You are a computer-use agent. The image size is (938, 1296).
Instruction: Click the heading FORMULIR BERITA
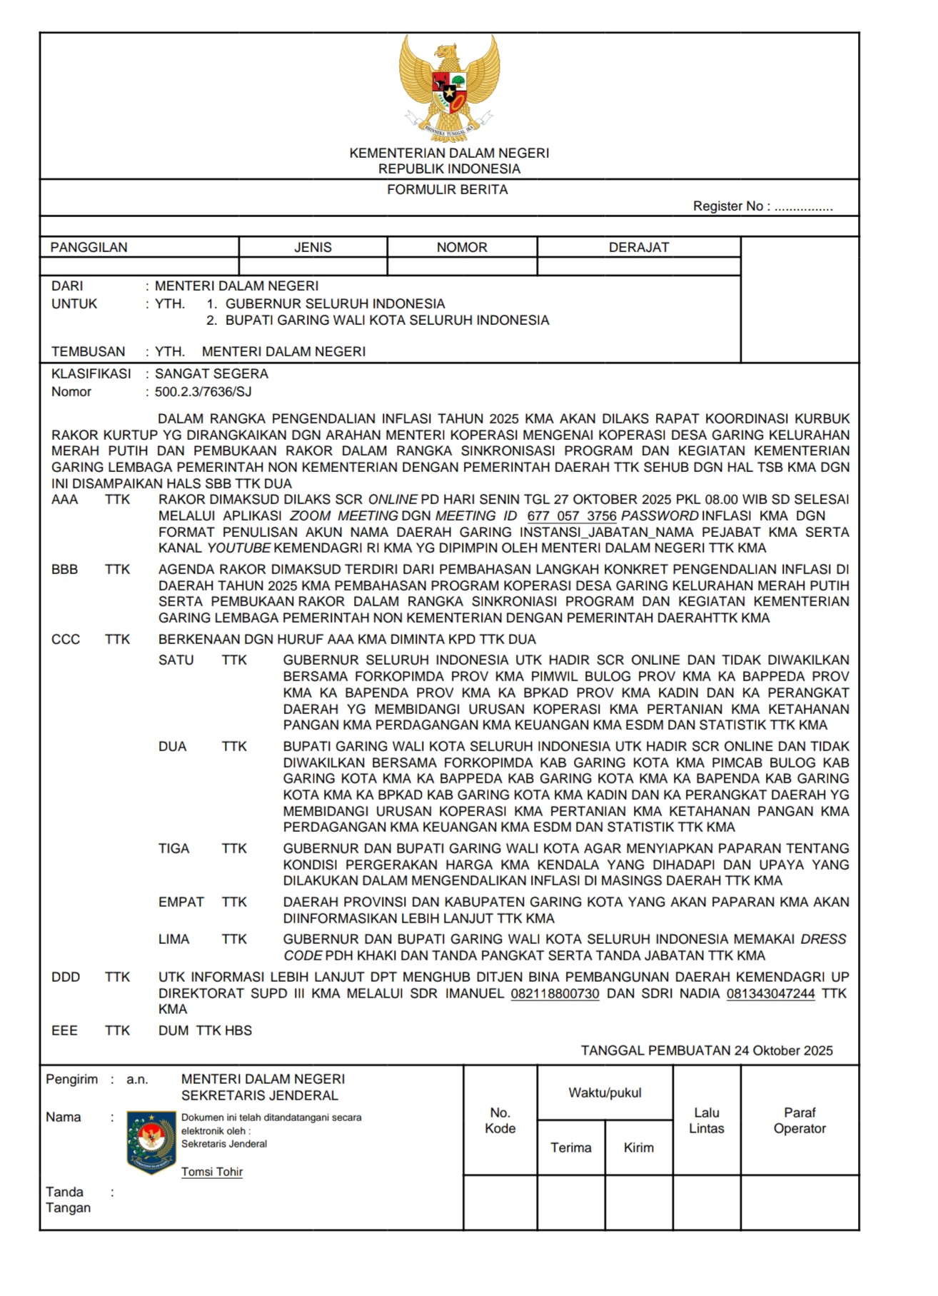point(448,190)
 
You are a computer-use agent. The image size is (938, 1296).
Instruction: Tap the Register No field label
point(731,206)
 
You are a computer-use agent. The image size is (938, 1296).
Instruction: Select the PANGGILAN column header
point(89,248)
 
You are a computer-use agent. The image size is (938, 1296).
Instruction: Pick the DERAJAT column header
point(639,248)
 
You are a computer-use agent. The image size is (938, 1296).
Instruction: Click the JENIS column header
point(313,248)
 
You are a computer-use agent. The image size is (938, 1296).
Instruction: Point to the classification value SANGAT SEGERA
point(211,374)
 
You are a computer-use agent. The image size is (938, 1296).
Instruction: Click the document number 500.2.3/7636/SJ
point(203,392)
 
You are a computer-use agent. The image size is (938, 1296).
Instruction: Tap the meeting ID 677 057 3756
point(571,516)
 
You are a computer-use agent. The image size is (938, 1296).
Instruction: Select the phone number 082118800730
point(555,994)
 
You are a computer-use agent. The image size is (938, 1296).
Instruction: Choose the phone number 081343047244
point(770,994)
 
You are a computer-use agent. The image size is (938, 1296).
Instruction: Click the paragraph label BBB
point(65,570)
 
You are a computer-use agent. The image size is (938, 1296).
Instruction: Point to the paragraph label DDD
point(66,978)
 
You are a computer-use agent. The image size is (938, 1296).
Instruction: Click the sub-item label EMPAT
point(181,903)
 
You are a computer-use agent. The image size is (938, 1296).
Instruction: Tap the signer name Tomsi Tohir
point(212,1172)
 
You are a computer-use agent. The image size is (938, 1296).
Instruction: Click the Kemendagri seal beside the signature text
point(151,1142)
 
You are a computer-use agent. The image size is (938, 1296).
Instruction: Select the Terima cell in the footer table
point(570,1147)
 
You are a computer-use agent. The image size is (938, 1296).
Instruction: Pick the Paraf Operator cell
point(800,1120)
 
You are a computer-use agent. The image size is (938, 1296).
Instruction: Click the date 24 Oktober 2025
point(783,1051)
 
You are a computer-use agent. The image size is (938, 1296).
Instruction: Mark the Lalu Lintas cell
point(706,1120)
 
